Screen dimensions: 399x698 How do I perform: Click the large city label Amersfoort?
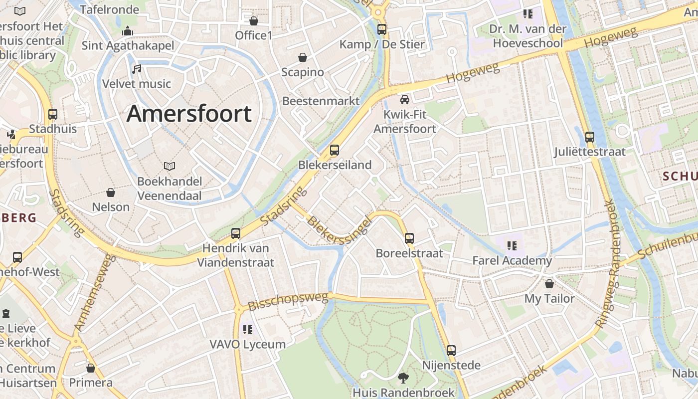(x=189, y=114)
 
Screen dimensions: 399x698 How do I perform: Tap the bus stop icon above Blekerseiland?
(x=335, y=150)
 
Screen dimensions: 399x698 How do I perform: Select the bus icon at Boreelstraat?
(x=409, y=238)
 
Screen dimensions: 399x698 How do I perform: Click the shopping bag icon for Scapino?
(x=302, y=57)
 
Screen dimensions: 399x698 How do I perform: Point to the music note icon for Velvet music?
(x=137, y=69)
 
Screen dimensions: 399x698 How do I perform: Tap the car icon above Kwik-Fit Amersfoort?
(x=405, y=100)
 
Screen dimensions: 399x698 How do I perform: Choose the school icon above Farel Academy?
(x=512, y=245)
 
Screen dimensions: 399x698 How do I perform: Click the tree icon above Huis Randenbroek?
(x=403, y=378)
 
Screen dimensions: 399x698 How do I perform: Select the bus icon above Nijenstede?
(x=451, y=350)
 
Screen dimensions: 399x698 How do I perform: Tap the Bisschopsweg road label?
(x=289, y=302)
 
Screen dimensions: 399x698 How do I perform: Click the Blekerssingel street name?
(x=339, y=229)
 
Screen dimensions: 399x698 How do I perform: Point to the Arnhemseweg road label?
(x=94, y=293)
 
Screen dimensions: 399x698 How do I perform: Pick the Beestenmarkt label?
(x=321, y=101)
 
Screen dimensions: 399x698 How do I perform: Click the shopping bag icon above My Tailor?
(x=549, y=284)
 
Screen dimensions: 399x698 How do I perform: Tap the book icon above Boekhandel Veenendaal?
(x=170, y=166)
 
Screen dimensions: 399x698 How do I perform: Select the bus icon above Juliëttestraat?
(x=590, y=137)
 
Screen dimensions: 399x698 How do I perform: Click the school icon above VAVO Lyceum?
(x=247, y=329)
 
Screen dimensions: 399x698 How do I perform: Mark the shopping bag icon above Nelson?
(x=111, y=192)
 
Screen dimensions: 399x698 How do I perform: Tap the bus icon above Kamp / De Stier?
(x=382, y=29)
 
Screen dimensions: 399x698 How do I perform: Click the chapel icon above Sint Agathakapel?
(x=128, y=31)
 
